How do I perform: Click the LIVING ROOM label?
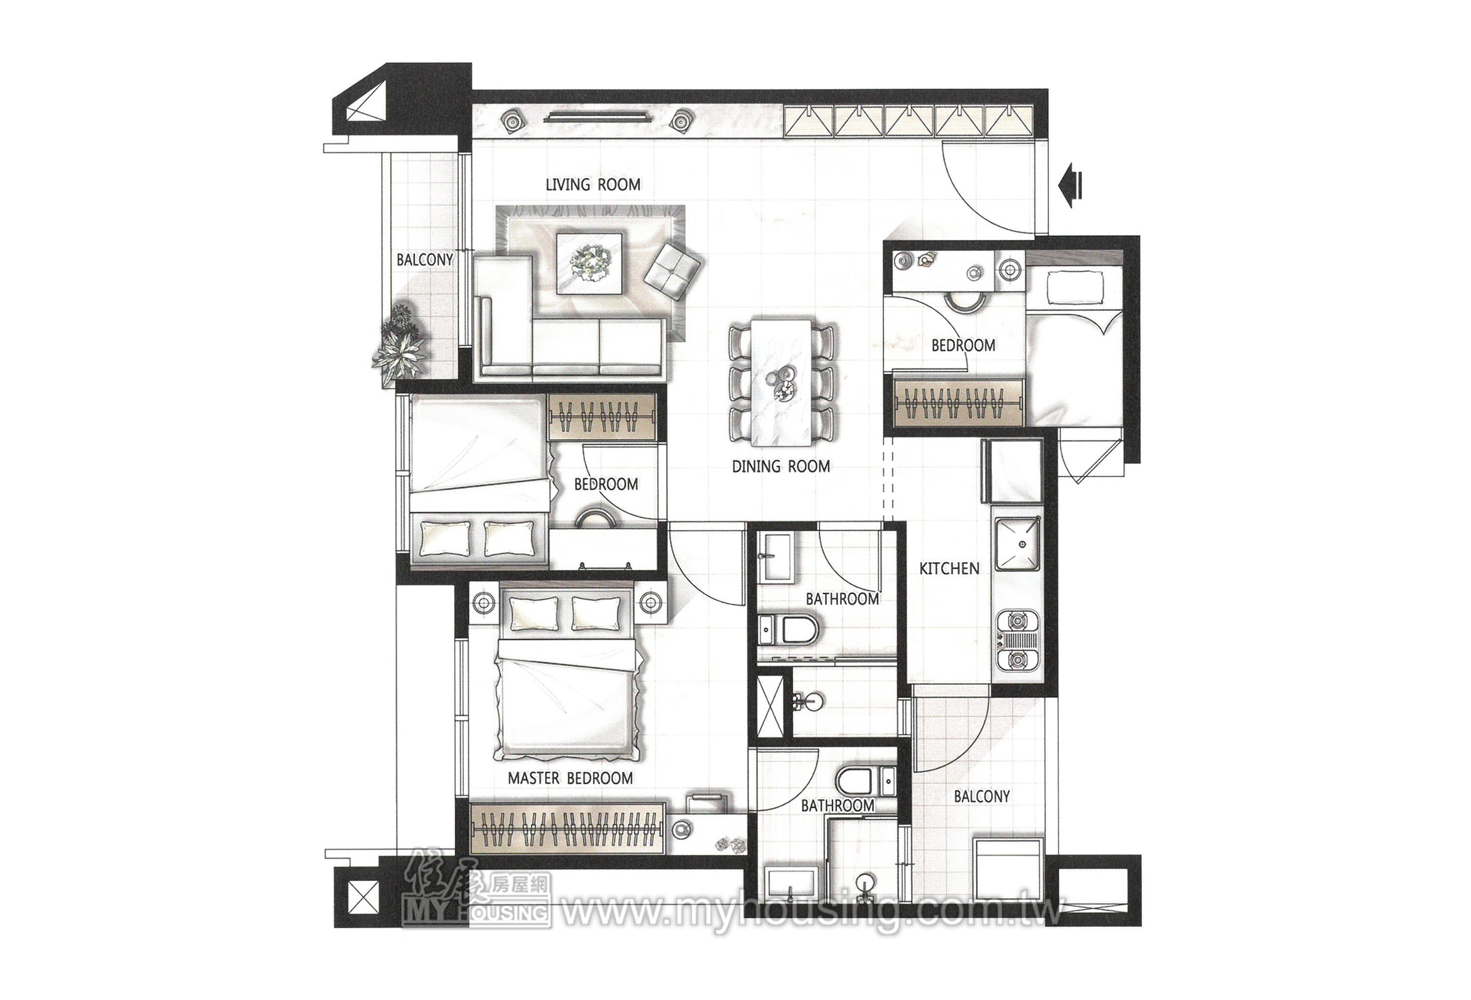(x=593, y=184)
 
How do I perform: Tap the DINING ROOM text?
(x=781, y=467)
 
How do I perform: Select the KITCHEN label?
(x=949, y=568)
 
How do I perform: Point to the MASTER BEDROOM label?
(x=570, y=778)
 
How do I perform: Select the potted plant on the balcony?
(x=399, y=345)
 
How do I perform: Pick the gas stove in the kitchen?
(x=1018, y=640)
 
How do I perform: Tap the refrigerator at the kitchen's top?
(x=1012, y=471)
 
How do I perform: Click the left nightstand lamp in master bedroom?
(x=484, y=603)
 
